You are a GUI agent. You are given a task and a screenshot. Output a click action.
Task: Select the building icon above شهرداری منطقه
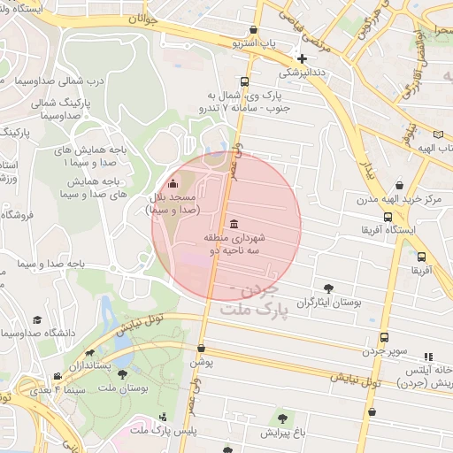[233, 223]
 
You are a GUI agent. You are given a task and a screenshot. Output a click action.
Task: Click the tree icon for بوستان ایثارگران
[329, 288]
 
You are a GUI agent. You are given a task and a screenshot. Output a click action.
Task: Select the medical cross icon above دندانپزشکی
[302, 58]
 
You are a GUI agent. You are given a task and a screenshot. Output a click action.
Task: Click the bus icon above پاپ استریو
[254, 28]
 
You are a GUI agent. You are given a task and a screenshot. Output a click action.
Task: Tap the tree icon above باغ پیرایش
[282, 418]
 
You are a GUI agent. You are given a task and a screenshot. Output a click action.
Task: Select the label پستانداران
[91, 365]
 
